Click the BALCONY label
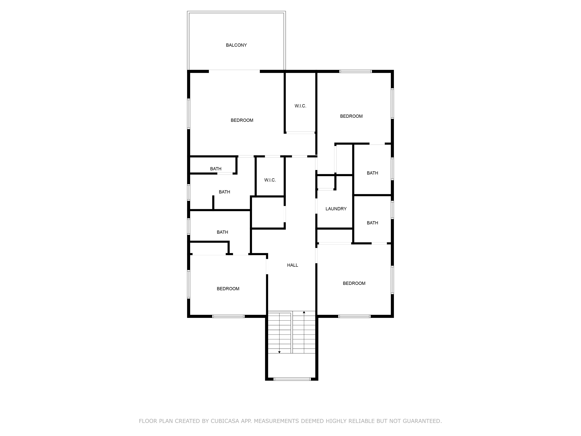coord(236,45)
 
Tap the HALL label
coord(292,265)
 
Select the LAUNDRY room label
coord(336,209)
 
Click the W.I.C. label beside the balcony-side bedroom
coord(300,106)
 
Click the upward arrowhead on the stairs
coord(304,312)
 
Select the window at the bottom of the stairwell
coord(292,379)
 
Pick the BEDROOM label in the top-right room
coord(351,116)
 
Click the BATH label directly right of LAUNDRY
coord(372,223)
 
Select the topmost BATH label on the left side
coord(216,169)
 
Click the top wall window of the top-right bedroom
coord(356,71)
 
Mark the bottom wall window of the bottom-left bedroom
coord(228,316)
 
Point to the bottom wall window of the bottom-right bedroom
coord(354,316)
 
